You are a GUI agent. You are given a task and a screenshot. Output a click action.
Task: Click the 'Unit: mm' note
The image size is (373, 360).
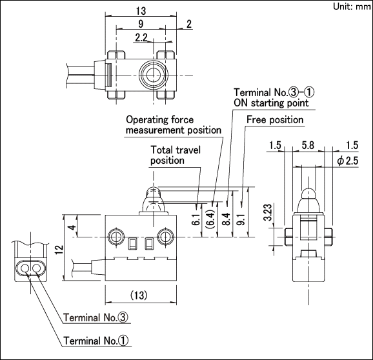pos(352,6)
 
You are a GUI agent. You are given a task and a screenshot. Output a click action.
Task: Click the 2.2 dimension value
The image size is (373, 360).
pos(141,37)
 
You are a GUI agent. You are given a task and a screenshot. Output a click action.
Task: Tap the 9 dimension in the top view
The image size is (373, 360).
pos(141,24)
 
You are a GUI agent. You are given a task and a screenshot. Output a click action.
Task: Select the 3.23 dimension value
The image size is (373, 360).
pos(268,212)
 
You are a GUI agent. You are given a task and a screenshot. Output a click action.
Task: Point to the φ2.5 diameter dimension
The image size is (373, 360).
pos(348,161)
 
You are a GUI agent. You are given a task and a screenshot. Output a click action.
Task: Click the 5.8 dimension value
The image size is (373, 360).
pos(308,145)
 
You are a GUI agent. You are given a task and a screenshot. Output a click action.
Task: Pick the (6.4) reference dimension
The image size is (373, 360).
pos(211,219)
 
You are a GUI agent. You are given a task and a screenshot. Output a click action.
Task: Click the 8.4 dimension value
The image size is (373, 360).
pos(226,219)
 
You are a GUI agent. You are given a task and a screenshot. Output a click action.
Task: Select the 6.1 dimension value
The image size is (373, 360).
pos(196,219)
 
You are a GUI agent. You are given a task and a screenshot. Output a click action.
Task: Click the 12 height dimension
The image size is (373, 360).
pos(59,250)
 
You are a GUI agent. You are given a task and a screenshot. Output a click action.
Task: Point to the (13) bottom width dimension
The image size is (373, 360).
pos(139,295)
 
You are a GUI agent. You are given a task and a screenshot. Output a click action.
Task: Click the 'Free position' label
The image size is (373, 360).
pos(275,120)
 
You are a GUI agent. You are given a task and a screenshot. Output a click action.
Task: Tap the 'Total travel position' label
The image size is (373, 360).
pos(176,155)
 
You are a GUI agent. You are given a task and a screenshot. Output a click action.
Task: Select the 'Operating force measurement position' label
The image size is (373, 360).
pos(174,125)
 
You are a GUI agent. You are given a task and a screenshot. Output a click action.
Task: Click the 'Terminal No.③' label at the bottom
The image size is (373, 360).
pos(96,317)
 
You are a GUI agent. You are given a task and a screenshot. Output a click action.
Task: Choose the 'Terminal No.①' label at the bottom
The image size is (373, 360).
pos(96,341)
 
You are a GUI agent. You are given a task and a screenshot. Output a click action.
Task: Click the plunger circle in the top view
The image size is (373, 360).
pos(154,75)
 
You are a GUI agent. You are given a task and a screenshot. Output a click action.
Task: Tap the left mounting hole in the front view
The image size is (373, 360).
pos(116,237)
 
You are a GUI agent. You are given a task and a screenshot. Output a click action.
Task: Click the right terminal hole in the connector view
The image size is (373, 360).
pos(37,268)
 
